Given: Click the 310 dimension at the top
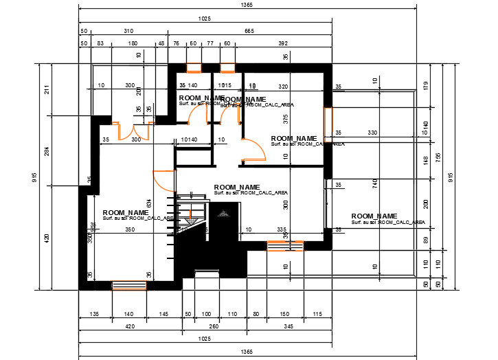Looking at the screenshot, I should click(128, 32).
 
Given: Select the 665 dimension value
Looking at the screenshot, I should click(249, 32).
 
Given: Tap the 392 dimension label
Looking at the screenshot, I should click(283, 44).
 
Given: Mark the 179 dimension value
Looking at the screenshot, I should click(425, 86).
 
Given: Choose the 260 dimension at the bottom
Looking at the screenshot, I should click(214, 327).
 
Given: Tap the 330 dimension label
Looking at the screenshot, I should click(372, 132).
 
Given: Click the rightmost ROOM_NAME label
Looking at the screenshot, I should click(374, 216).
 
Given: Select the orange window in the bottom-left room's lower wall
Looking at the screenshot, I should click(129, 284).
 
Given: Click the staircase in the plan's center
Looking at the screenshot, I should click(192, 213).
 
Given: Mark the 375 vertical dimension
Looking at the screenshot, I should click(286, 117).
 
